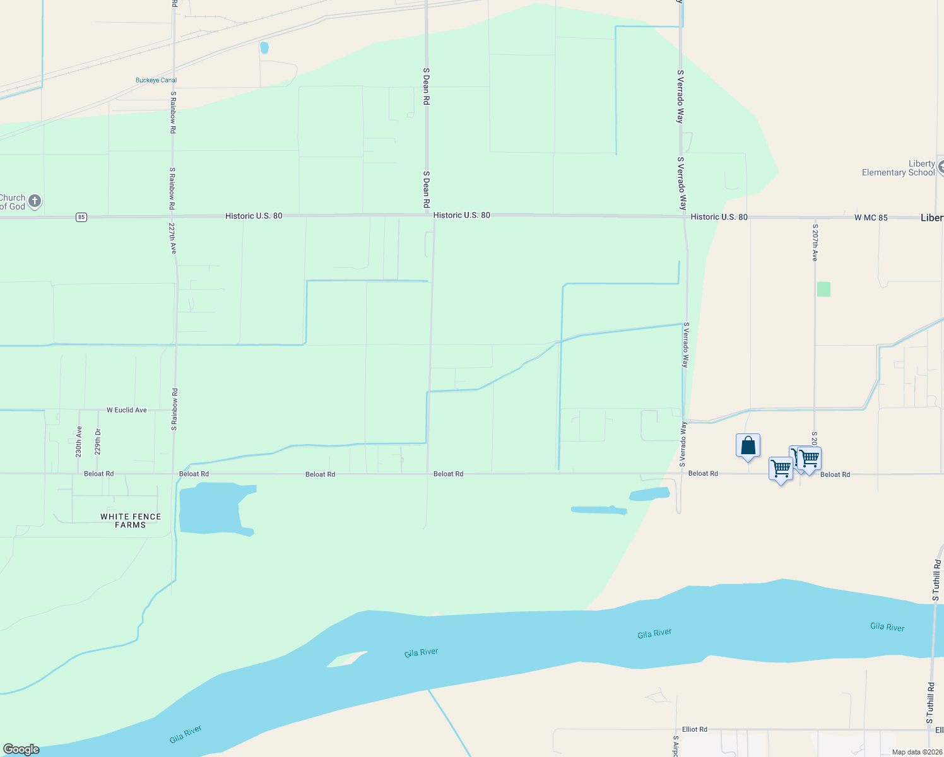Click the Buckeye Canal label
156,80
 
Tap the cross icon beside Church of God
35,201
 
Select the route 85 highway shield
81,217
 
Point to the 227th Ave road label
173,237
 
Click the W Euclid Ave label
127,410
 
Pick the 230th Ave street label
79,442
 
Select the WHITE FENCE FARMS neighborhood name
131,520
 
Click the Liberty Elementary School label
899,168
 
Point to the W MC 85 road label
871,218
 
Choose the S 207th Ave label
815,242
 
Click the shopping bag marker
748,445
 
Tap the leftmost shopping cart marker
781,469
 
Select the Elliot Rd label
694,729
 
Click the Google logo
21,749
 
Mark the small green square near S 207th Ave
823,290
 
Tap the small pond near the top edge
264,47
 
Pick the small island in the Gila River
346,659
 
